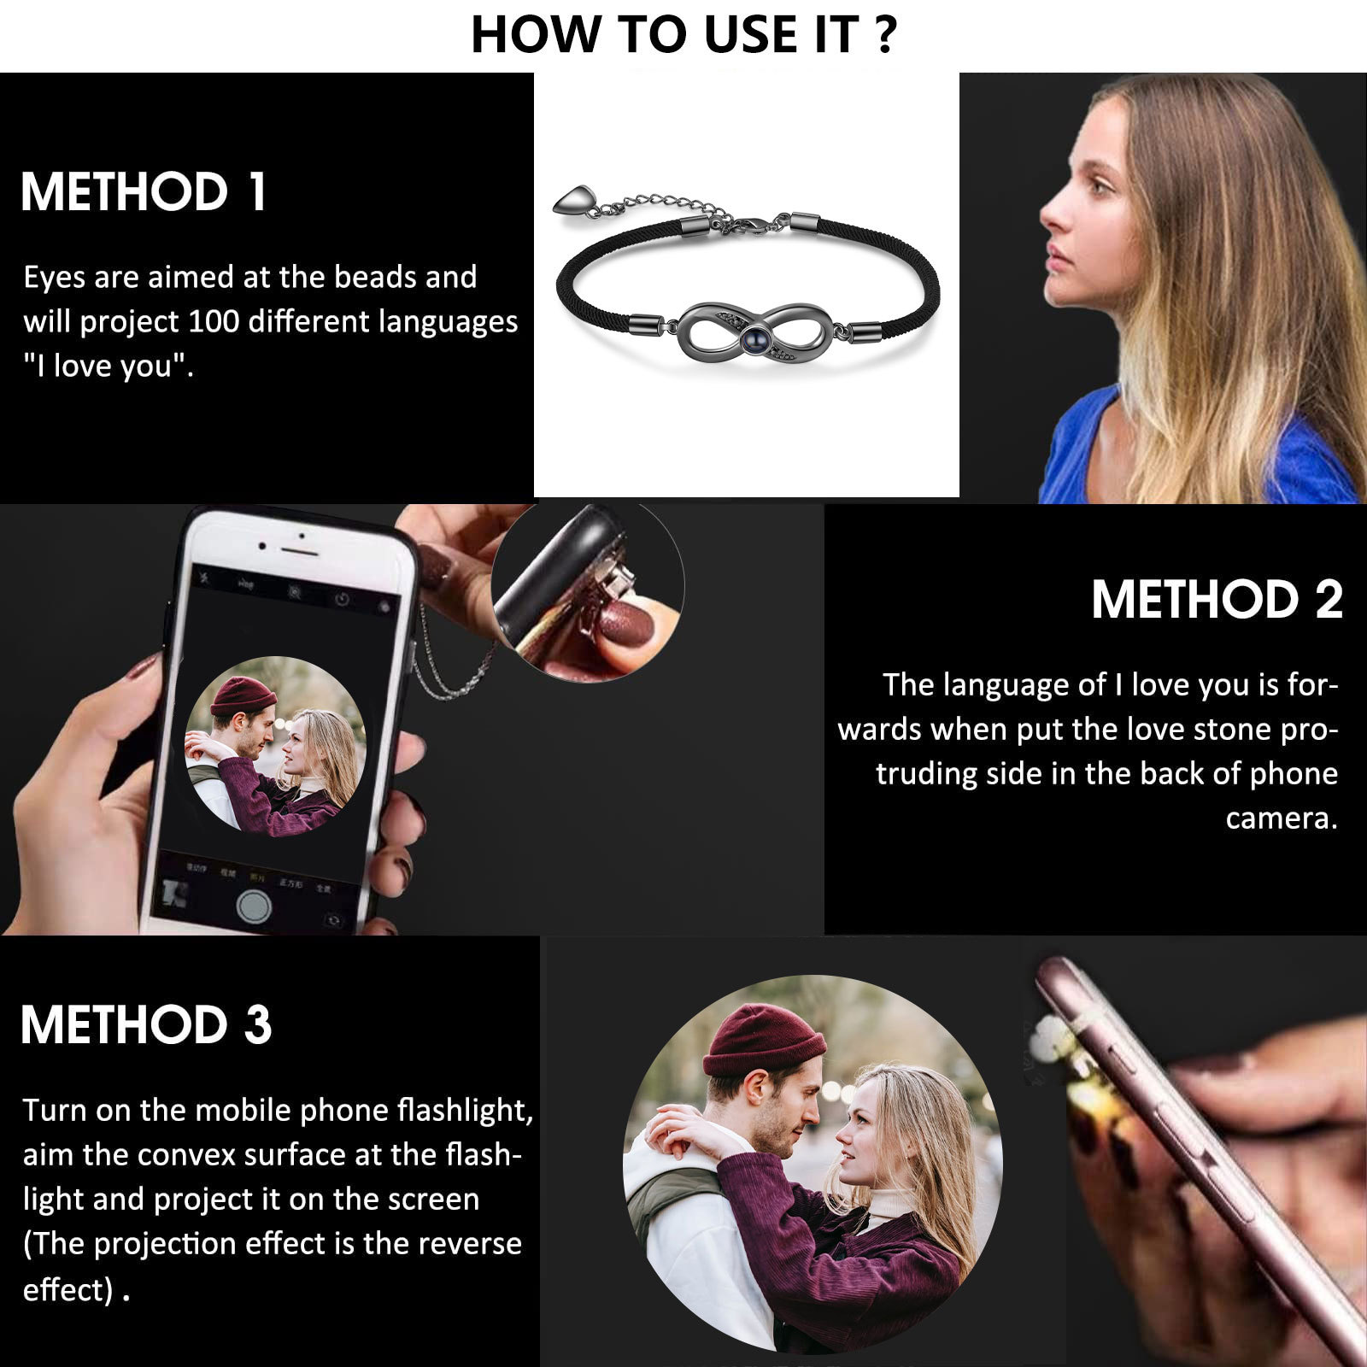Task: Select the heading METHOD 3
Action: (x=146, y=1024)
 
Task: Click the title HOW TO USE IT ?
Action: (x=683, y=35)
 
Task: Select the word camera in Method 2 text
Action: (x=1281, y=818)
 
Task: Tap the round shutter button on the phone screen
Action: (x=254, y=906)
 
